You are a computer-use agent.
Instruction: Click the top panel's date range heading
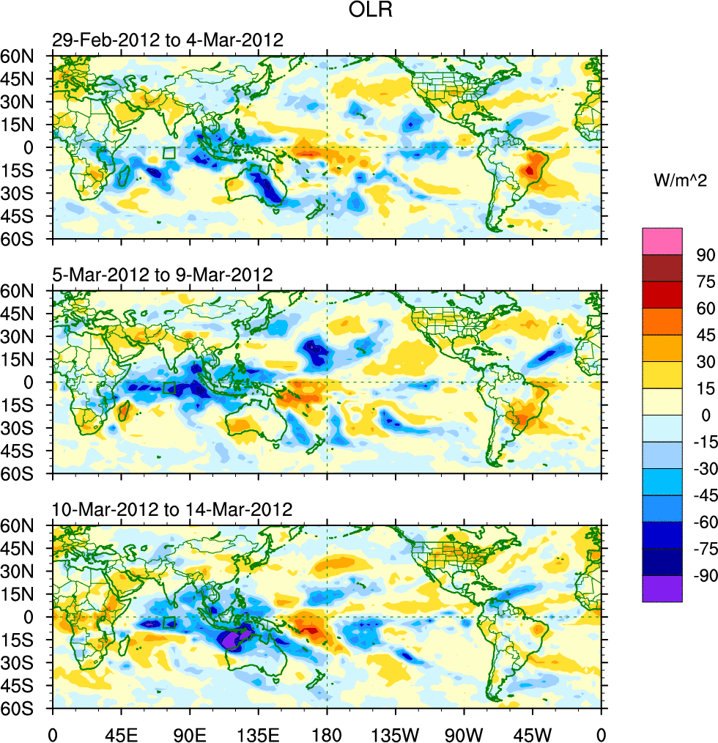(x=168, y=40)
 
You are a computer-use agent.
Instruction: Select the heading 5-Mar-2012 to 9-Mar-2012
(x=163, y=275)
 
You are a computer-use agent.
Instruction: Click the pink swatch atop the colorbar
(x=662, y=241)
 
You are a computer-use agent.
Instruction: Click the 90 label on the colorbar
(x=705, y=254)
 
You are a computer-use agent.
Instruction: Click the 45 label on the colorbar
(x=705, y=335)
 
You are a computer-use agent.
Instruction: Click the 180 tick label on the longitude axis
(x=327, y=731)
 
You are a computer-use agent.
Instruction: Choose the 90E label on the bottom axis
(x=190, y=731)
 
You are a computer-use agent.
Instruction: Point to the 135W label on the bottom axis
(x=395, y=731)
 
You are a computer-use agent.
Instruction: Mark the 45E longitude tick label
(x=121, y=731)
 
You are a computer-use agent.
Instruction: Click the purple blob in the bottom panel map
(x=234, y=640)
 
